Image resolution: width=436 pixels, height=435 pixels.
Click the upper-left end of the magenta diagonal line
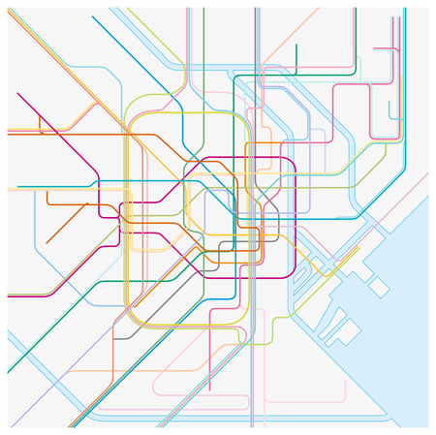point(17,93)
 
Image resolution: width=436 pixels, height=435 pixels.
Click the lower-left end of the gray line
point(114,338)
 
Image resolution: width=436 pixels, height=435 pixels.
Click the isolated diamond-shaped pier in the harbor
point(379,288)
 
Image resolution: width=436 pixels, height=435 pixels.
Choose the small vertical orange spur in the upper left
point(40,122)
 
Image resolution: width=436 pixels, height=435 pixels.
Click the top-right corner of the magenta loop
point(291,161)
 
